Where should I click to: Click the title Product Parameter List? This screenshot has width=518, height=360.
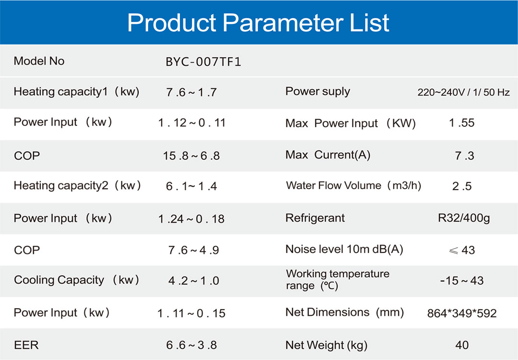coord(259,23)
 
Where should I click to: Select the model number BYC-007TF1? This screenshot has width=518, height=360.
coord(203,62)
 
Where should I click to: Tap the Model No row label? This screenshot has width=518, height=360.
coord(39,61)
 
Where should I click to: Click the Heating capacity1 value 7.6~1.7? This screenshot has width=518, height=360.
coord(191,92)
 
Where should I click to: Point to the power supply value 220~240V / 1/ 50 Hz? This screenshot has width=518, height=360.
coord(463,92)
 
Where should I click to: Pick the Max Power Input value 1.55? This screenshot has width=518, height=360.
coord(461,123)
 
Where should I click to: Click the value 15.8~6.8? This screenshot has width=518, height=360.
coord(191,156)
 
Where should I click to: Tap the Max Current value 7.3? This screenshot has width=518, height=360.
coord(464,156)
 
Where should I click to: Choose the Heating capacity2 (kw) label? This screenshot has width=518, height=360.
coord(77,185)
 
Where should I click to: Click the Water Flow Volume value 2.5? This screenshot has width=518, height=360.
coord(462,186)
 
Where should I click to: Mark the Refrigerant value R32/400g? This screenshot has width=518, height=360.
coord(464,218)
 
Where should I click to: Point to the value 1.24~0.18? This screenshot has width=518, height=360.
coord(191,219)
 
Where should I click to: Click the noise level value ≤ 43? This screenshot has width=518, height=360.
coord(462,250)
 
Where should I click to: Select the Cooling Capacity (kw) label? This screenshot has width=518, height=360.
coord(76,280)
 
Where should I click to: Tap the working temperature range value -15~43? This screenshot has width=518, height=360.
coord(462,281)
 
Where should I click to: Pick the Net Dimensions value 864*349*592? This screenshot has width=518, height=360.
coord(462,313)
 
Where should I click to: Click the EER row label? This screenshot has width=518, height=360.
coord(26,345)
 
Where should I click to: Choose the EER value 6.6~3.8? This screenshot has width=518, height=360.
coord(191,345)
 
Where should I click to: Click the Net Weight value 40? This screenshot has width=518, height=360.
coord(462,345)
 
